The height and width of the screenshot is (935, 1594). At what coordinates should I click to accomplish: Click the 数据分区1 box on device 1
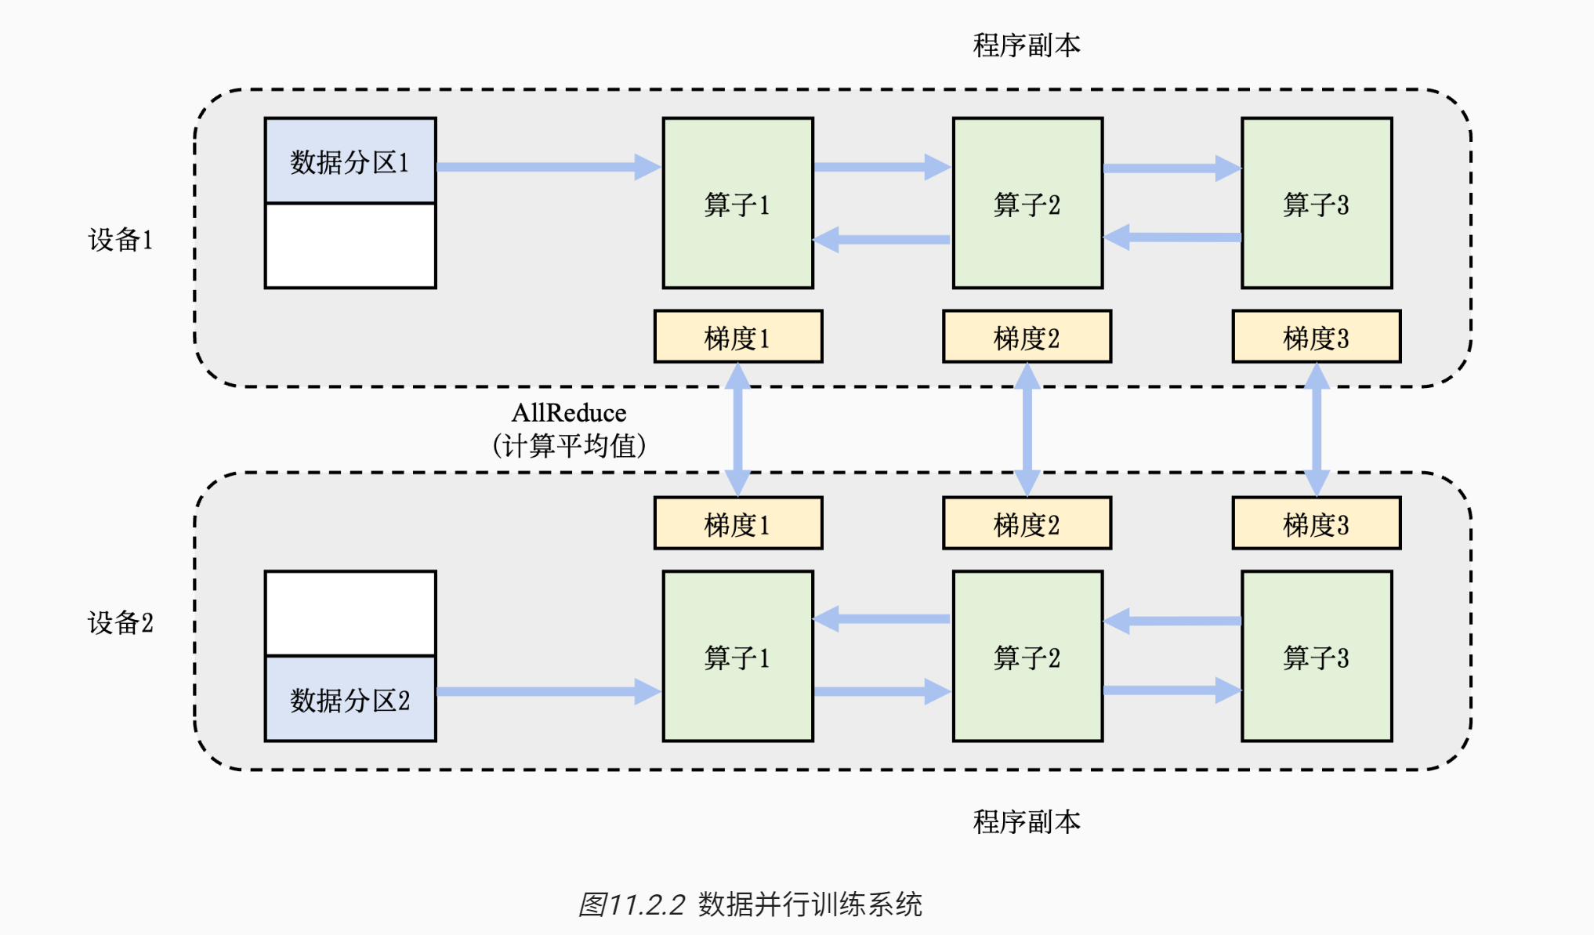[350, 161]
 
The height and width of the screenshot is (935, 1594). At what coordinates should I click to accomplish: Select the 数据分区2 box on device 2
[350, 699]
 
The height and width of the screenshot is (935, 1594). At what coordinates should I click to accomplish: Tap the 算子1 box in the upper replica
[737, 204]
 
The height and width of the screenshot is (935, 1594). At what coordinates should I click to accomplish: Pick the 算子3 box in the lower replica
[1317, 657]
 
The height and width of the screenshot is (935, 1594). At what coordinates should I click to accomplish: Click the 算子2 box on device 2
[1027, 657]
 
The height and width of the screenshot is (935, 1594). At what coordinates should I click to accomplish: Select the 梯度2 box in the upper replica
[1027, 337]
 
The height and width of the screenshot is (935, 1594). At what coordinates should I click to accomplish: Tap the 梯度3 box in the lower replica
[1317, 524]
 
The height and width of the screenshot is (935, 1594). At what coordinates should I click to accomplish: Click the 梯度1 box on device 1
[738, 337]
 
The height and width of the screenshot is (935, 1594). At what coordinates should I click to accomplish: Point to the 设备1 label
[120, 240]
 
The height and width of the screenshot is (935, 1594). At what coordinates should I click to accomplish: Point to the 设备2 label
[120, 623]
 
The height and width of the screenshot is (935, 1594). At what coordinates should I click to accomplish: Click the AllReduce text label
[569, 413]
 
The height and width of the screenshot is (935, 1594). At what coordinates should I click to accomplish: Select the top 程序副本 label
[1027, 45]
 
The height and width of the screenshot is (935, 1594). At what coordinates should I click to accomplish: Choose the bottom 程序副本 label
[1027, 821]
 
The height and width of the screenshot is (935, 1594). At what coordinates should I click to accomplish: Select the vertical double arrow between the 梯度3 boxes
[1317, 429]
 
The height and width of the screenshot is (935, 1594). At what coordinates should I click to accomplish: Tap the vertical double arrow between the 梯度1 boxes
[738, 429]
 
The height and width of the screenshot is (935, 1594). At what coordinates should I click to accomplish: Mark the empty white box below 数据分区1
[350, 246]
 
